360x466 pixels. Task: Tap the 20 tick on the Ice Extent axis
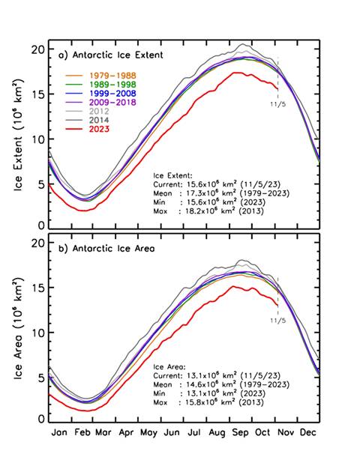pyautogui.click(x=37, y=49)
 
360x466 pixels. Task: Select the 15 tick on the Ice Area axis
pyautogui.click(x=37, y=288)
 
